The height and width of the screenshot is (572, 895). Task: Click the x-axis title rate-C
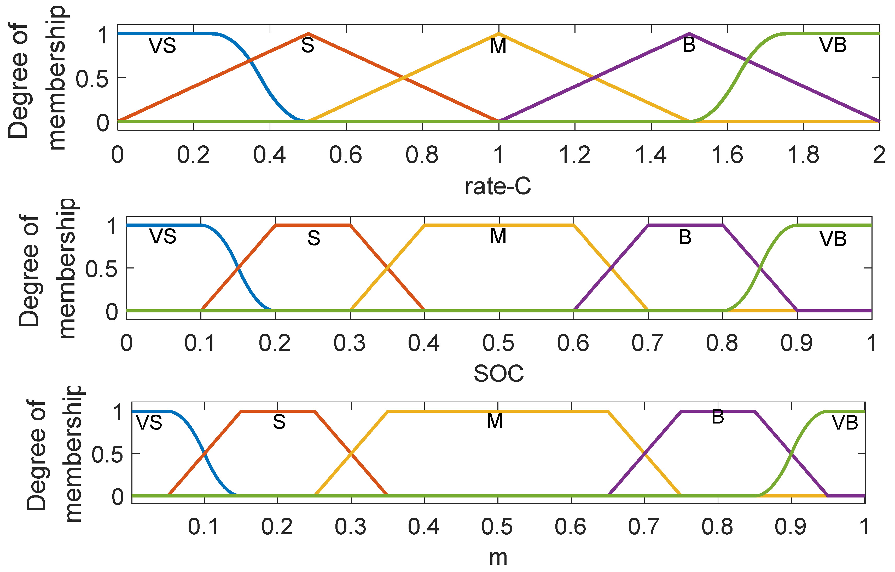(498, 187)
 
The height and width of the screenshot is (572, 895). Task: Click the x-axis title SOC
(498, 374)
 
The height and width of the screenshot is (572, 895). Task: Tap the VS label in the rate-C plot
(162, 46)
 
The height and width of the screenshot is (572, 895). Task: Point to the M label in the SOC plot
(498, 236)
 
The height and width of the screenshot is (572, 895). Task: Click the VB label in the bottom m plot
(845, 423)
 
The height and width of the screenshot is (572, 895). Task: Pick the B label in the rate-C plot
(689, 45)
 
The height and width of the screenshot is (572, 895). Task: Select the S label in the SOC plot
(314, 238)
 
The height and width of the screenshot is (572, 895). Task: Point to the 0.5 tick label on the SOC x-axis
(498, 343)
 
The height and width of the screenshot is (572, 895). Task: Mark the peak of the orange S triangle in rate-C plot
(308, 33)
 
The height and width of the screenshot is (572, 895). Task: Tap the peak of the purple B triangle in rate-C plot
(689, 33)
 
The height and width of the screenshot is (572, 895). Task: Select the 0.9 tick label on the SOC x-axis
(797, 343)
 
